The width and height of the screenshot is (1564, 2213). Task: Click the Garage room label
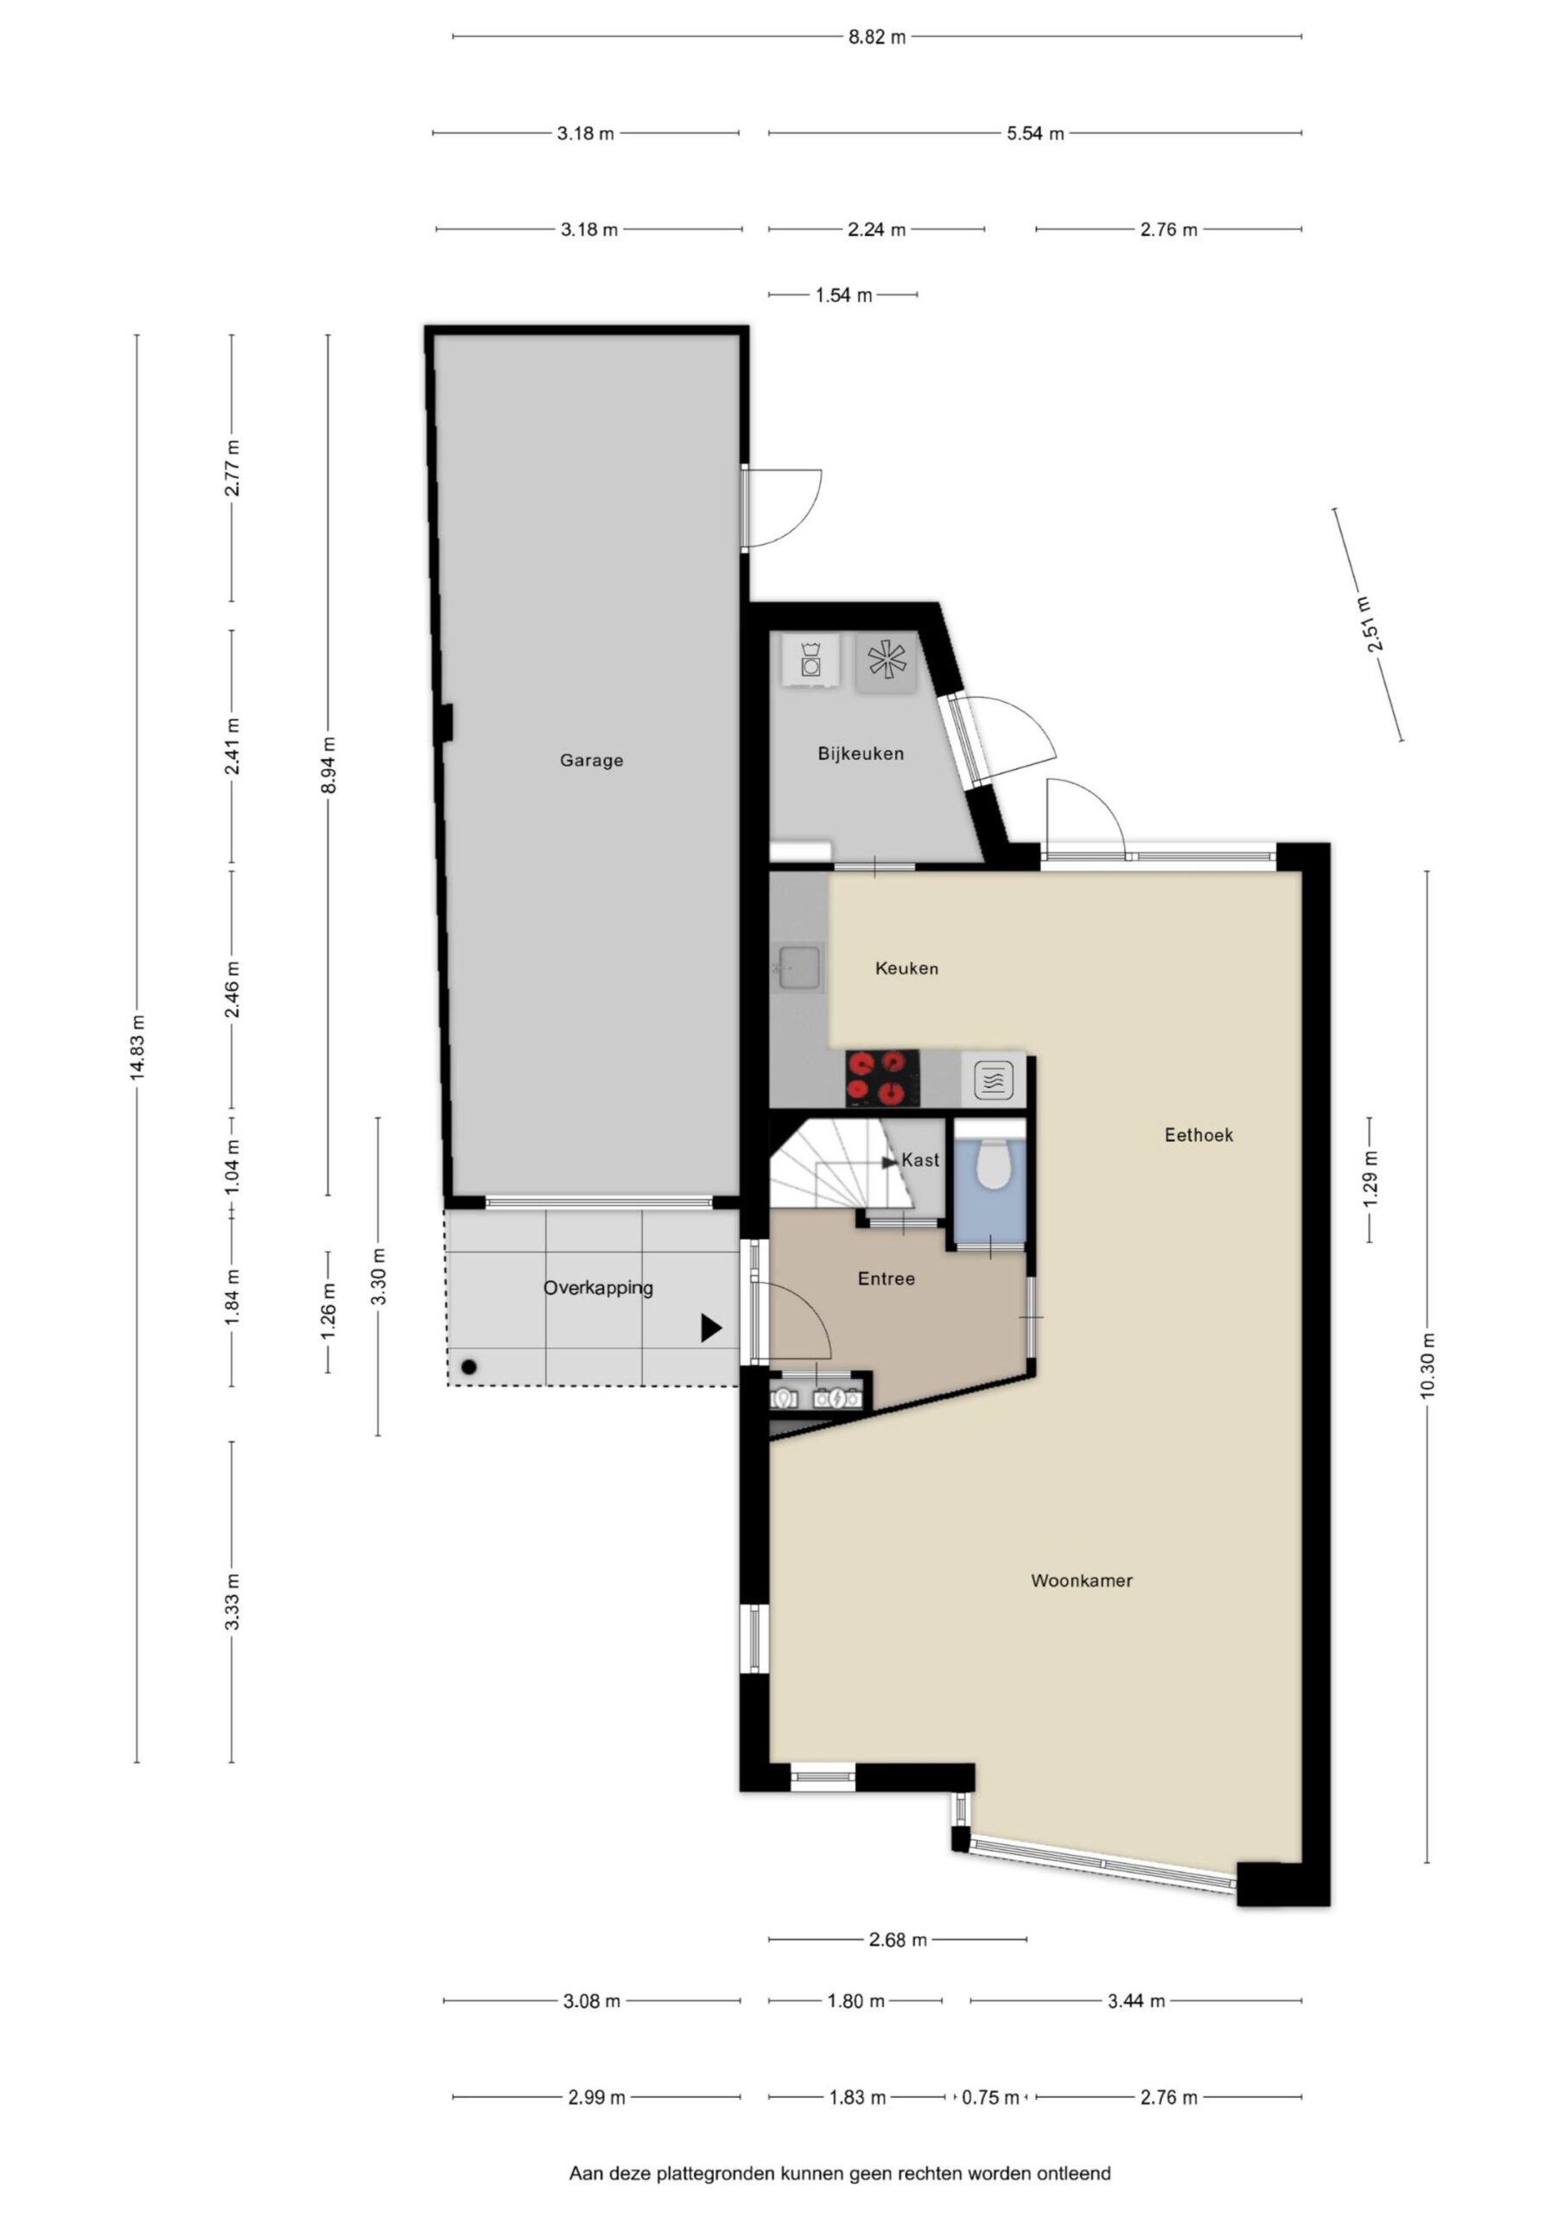591,761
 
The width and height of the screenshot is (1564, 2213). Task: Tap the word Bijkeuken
861,754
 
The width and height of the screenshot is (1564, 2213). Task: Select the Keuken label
906,969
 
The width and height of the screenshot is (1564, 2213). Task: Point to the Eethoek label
1198,1135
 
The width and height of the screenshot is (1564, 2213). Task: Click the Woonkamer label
1081,1581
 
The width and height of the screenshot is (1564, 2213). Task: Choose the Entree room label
886,1279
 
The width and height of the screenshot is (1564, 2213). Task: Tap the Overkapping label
597,1289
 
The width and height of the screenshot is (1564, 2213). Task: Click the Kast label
920,1160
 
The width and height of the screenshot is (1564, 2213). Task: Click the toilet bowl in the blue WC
992,1164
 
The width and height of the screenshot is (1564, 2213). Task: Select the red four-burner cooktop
881,1079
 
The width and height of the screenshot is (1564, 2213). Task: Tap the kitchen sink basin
799,966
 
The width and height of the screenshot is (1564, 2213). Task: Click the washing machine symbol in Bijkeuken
811,660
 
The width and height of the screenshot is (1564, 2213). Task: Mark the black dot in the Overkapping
469,1368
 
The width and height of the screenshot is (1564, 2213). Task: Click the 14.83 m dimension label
137,1048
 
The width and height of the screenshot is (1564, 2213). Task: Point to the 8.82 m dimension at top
877,37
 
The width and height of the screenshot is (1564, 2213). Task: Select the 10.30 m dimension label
1427,1365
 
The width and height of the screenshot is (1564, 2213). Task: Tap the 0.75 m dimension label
990,2097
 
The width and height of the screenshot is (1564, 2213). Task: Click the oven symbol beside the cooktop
993,1080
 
